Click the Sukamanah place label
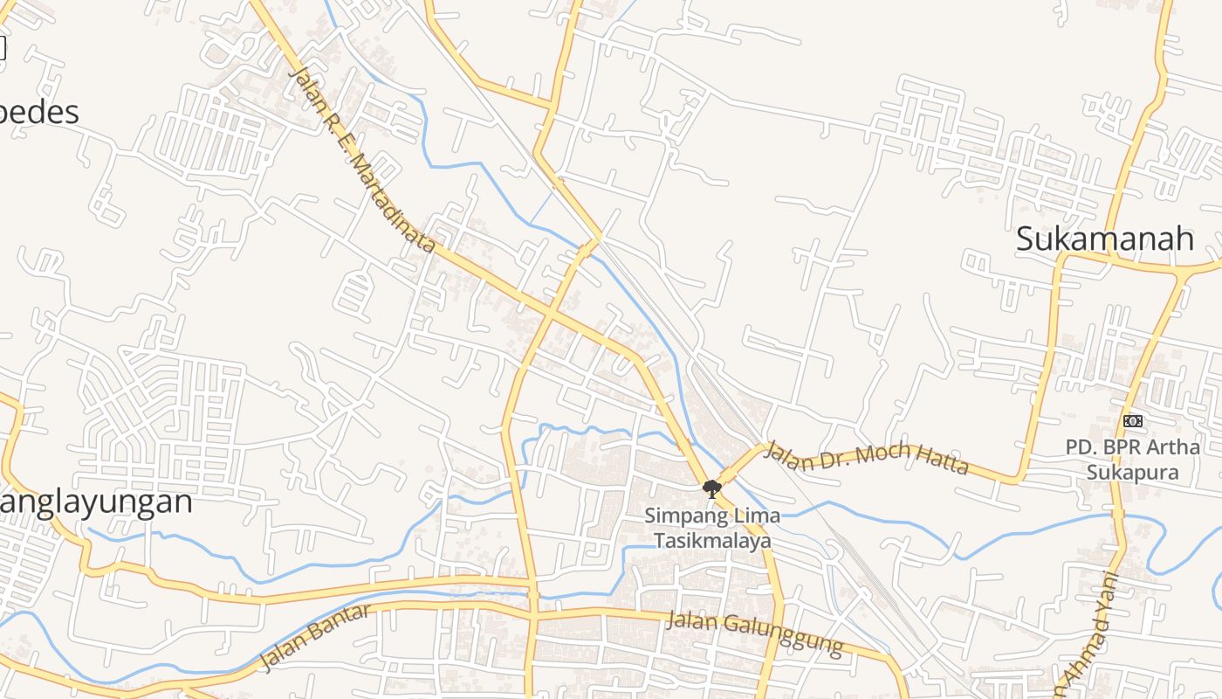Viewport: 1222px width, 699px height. [1104, 239]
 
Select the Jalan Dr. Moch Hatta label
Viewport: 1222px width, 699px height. [866, 457]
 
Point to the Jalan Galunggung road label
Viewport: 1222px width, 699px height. [755, 634]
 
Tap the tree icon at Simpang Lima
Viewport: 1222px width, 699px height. [712, 488]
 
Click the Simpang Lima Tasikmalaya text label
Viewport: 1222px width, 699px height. [712, 528]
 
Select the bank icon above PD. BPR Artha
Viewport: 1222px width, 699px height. [1132, 421]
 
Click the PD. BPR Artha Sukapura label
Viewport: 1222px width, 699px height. [1132, 460]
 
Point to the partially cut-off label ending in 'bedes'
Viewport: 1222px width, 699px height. [39, 113]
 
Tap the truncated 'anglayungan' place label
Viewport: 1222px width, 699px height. [96, 502]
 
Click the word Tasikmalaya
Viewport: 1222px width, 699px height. [713, 541]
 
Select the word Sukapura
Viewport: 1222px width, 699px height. [1133, 473]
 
